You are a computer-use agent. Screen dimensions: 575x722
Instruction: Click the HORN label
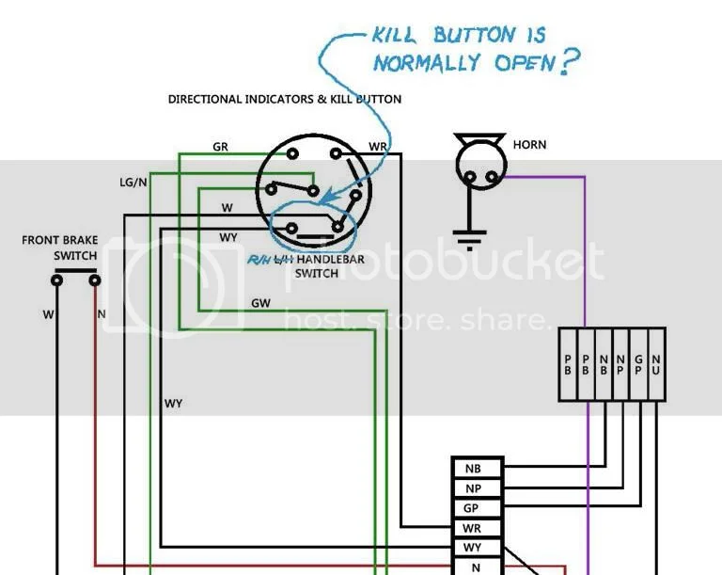(529, 145)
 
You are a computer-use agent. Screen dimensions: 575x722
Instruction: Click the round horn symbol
(479, 168)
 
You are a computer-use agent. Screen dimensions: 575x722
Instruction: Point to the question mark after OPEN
(570, 62)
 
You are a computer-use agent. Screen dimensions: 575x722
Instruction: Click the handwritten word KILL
(398, 38)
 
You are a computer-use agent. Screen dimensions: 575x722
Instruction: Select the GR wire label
(221, 147)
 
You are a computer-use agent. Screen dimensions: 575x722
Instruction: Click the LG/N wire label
(133, 182)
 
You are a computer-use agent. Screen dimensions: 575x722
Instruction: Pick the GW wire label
(260, 303)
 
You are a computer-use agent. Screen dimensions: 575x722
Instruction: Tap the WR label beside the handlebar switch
(378, 147)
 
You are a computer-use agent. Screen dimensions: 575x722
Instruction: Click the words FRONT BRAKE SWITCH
(60, 248)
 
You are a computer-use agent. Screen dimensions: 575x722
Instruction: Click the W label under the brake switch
(47, 314)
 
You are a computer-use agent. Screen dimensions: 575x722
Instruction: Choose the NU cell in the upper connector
(655, 364)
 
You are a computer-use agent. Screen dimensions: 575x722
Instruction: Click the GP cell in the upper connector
(637, 364)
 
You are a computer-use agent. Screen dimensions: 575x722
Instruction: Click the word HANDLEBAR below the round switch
(344, 260)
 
